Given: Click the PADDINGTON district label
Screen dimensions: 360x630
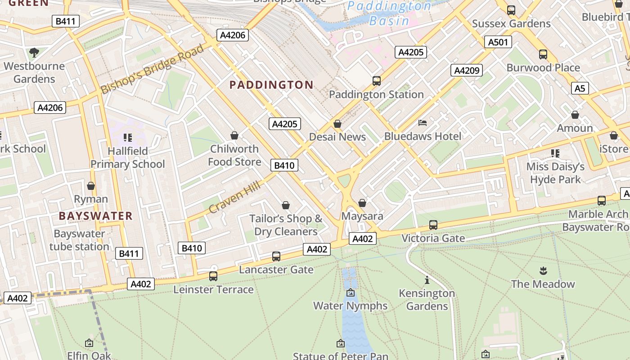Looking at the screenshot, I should click(271, 85).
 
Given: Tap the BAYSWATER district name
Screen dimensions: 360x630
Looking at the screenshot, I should click(95, 216).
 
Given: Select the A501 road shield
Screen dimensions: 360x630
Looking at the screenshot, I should click(498, 42).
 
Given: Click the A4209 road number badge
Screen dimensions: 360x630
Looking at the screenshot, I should click(467, 70).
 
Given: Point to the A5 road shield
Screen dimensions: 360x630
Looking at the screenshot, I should click(580, 88).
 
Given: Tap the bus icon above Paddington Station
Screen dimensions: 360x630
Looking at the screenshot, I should click(377, 81).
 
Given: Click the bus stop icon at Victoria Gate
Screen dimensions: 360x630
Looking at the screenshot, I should click(433, 225).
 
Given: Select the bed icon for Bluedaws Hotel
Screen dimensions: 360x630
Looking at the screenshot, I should click(423, 122).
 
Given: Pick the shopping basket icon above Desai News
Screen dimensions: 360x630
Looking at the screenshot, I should click(337, 124).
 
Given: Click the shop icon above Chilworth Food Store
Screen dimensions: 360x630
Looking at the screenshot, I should click(234, 135).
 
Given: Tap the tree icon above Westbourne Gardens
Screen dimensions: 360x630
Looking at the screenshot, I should click(34, 53).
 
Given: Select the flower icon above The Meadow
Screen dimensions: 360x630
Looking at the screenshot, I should click(543, 271).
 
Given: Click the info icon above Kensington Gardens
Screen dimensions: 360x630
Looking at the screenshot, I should click(427, 280).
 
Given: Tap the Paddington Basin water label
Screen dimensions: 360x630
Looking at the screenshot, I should click(389, 13).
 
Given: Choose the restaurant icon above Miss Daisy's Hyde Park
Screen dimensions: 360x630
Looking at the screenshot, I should click(555, 153).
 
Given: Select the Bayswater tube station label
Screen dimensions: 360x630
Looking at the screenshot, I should click(79, 240).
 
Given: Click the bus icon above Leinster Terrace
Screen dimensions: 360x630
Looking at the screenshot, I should click(213, 276).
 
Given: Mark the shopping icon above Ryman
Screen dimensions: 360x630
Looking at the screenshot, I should click(91, 186).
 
